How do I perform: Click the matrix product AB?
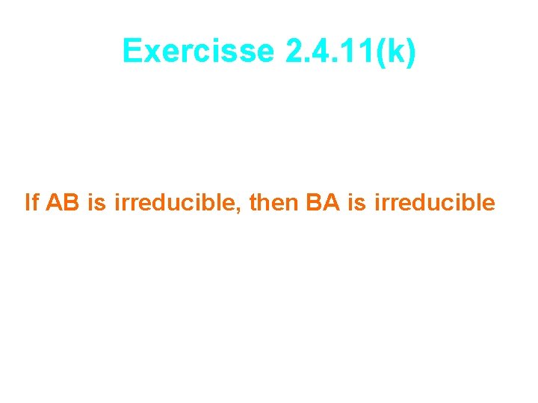point(64,202)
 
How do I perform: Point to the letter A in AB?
point(55,202)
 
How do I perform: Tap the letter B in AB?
point(73,202)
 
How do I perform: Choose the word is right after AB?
point(97,202)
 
